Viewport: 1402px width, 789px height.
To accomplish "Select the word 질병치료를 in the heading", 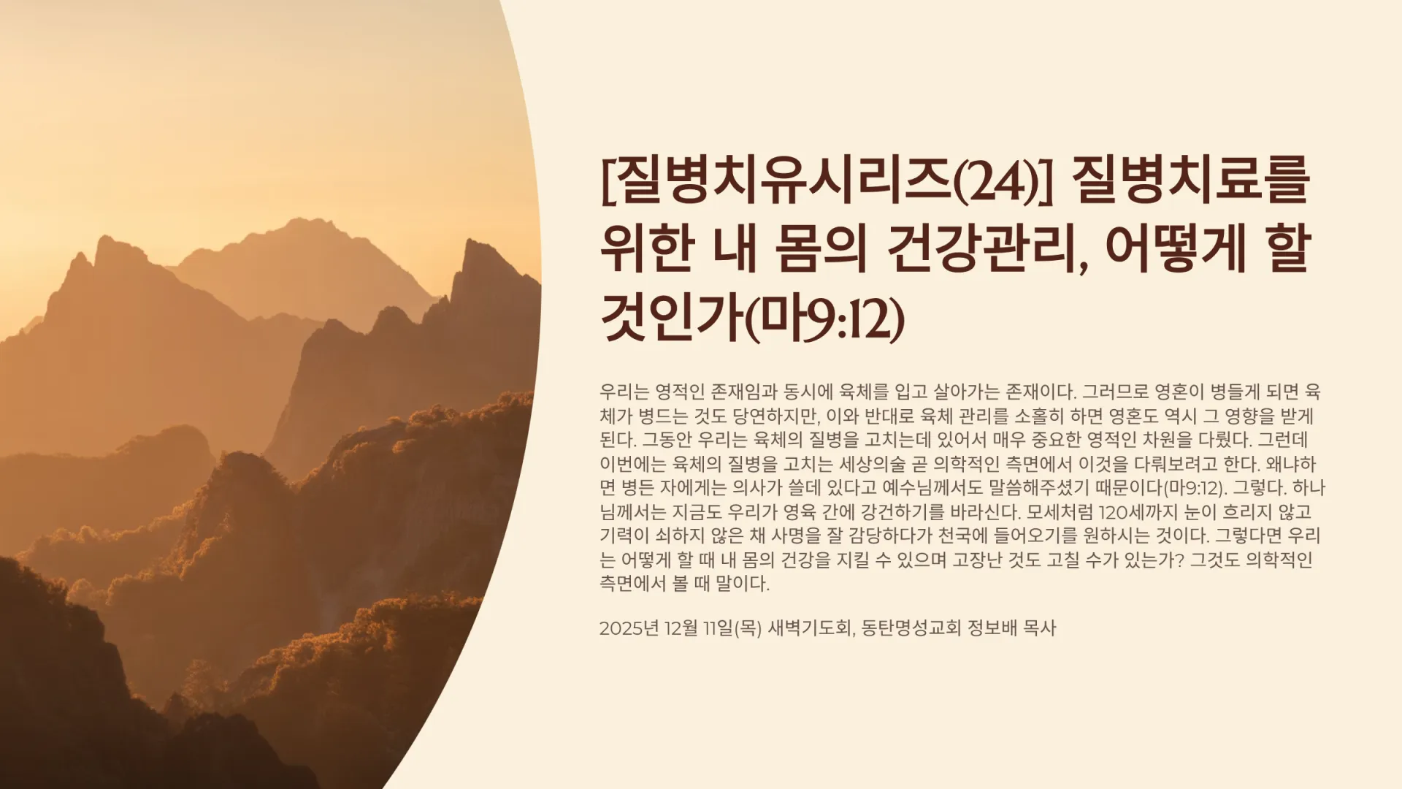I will click(x=1190, y=181).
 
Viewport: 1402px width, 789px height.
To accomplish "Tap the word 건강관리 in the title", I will click(x=984, y=250).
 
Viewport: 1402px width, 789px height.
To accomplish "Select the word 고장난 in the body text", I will click(x=978, y=560).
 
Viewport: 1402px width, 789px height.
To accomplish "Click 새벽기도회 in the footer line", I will click(x=809, y=628).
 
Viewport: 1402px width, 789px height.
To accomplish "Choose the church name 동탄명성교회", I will click(x=911, y=628).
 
